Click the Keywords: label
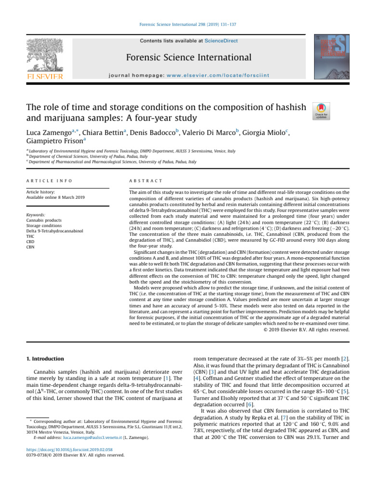[36, 214]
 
